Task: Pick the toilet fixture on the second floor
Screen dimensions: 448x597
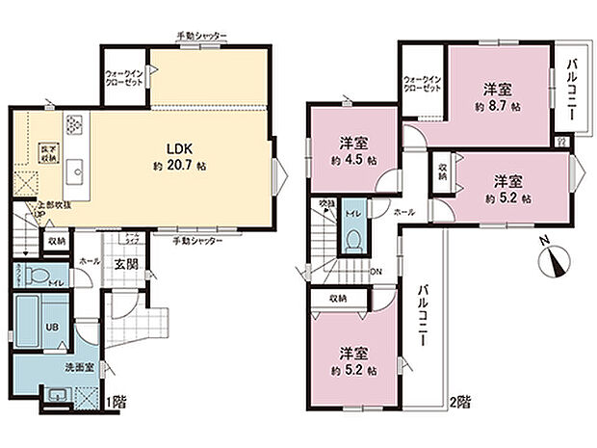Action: (x=354, y=237)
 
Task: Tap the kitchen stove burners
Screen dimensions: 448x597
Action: (x=75, y=125)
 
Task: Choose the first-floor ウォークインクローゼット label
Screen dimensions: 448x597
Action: (x=125, y=77)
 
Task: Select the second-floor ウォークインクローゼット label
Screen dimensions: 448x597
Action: (x=422, y=83)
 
